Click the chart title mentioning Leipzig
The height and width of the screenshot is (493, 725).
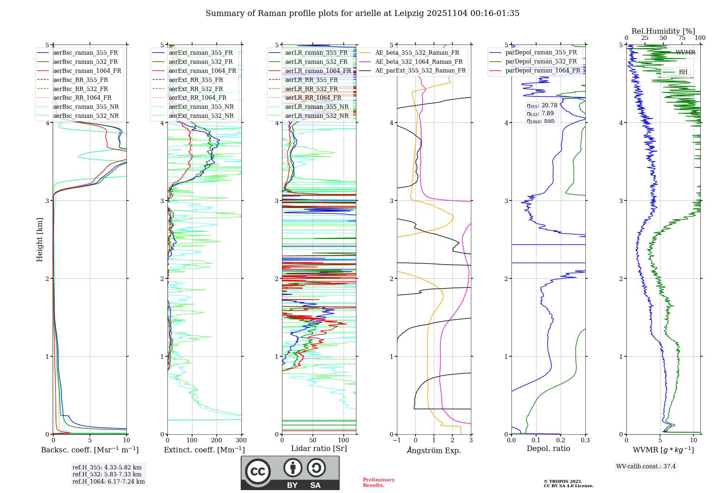point(362,13)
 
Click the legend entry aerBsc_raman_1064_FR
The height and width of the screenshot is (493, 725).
point(87,71)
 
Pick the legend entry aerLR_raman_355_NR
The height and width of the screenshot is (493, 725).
point(316,107)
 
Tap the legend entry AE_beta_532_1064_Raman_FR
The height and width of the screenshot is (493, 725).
point(419,62)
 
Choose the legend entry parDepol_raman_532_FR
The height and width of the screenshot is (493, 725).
point(541,62)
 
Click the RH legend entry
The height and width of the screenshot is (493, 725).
point(683,72)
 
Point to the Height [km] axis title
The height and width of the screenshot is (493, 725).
point(40,240)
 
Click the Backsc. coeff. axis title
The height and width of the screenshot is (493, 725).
point(90,450)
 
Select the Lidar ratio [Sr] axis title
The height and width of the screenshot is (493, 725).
point(319,448)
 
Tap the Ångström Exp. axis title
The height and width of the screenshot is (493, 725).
point(434,450)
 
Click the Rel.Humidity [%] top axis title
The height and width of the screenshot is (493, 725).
point(663,31)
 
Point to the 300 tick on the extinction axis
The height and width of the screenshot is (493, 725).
point(241,440)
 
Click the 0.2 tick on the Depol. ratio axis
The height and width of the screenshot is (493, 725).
point(561,440)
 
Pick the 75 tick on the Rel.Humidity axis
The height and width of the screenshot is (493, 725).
point(682,38)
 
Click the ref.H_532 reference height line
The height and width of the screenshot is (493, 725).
point(107,474)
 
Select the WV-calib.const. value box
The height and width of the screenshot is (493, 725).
point(646,466)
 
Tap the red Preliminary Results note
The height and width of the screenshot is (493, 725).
point(378,482)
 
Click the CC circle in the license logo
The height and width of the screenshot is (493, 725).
point(258,472)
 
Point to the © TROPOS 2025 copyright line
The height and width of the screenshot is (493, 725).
point(563,481)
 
